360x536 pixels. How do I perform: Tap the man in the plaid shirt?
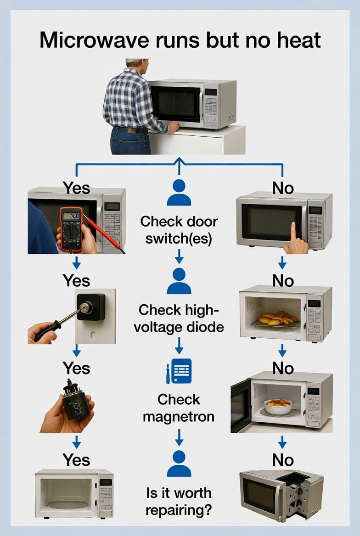pos(131,106)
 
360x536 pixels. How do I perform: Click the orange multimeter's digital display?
pos(72,216)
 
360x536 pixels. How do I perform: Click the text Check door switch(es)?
pos(179,230)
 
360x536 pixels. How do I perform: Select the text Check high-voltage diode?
pos(179,318)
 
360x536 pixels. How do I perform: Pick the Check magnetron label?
pos(179,408)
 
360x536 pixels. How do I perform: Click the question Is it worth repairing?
pos(179,502)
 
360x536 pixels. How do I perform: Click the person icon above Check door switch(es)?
pos(179,193)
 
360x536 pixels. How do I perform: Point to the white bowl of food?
pos(278,406)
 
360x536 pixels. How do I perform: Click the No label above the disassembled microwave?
pos(283,460)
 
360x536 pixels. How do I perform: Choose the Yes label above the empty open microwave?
pos(76,460)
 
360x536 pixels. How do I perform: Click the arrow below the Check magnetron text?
pos(179,436)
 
